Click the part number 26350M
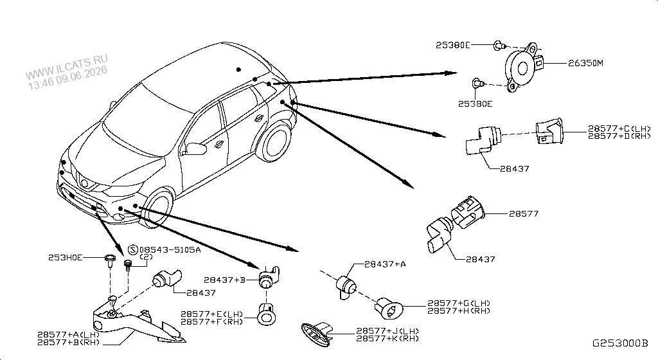(x=585, y=64)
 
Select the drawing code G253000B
(x=620, y=343)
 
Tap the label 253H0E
(x=65, y=257)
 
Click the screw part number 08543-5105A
(x=170, y=250)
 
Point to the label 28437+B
(x=224, y=280)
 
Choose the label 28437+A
(x=386, y=264)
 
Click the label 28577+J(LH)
(x=387, y=331)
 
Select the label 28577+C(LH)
(x=619, y=129)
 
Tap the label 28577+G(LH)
(x=459, y=303)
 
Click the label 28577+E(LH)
(x=212, y=314)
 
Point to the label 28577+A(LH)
(x=68, y=335)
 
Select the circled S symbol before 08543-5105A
(x=132, y=250)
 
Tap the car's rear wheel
(x=274, y=141)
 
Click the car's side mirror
(x=196, y=148)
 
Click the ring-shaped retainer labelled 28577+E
(x=266, y=318)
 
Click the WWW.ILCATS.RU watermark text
(x=66, y=66)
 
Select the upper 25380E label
(x=453, y=45)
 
